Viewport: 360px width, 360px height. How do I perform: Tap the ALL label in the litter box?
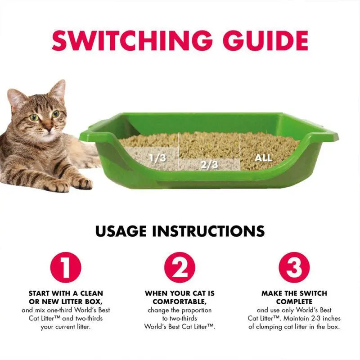[263, 158]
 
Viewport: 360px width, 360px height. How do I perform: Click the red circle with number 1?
[65, 267]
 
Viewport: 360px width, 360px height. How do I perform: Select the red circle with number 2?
[180, 267]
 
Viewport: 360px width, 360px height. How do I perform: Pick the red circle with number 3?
[294, 267]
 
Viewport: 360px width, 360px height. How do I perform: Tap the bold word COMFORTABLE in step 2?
[180, 301]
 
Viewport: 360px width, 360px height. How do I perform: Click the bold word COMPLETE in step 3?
[294, 301]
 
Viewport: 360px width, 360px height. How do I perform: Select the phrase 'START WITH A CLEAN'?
[65, 293]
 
